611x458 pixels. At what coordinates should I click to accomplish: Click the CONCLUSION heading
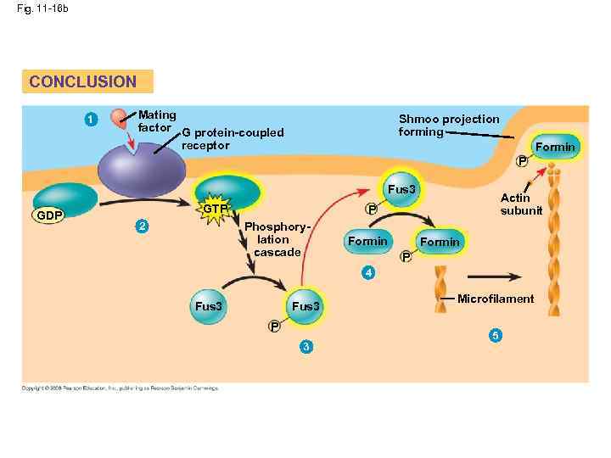82,81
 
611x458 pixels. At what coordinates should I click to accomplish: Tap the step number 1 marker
91,119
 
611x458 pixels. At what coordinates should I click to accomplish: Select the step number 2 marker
143,226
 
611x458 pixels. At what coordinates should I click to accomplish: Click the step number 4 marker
367,272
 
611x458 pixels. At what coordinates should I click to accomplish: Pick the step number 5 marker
496,334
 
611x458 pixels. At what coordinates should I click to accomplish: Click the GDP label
48,215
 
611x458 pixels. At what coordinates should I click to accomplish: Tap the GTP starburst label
216,209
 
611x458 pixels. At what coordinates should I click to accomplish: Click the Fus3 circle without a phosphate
208,306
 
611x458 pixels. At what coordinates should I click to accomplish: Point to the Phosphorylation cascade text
277,240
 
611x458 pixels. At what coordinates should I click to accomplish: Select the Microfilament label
496,299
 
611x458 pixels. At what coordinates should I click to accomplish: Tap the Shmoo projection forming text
449,125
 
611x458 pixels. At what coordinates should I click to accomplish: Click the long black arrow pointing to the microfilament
495,276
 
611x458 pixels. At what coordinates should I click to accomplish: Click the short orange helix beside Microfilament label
441,288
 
